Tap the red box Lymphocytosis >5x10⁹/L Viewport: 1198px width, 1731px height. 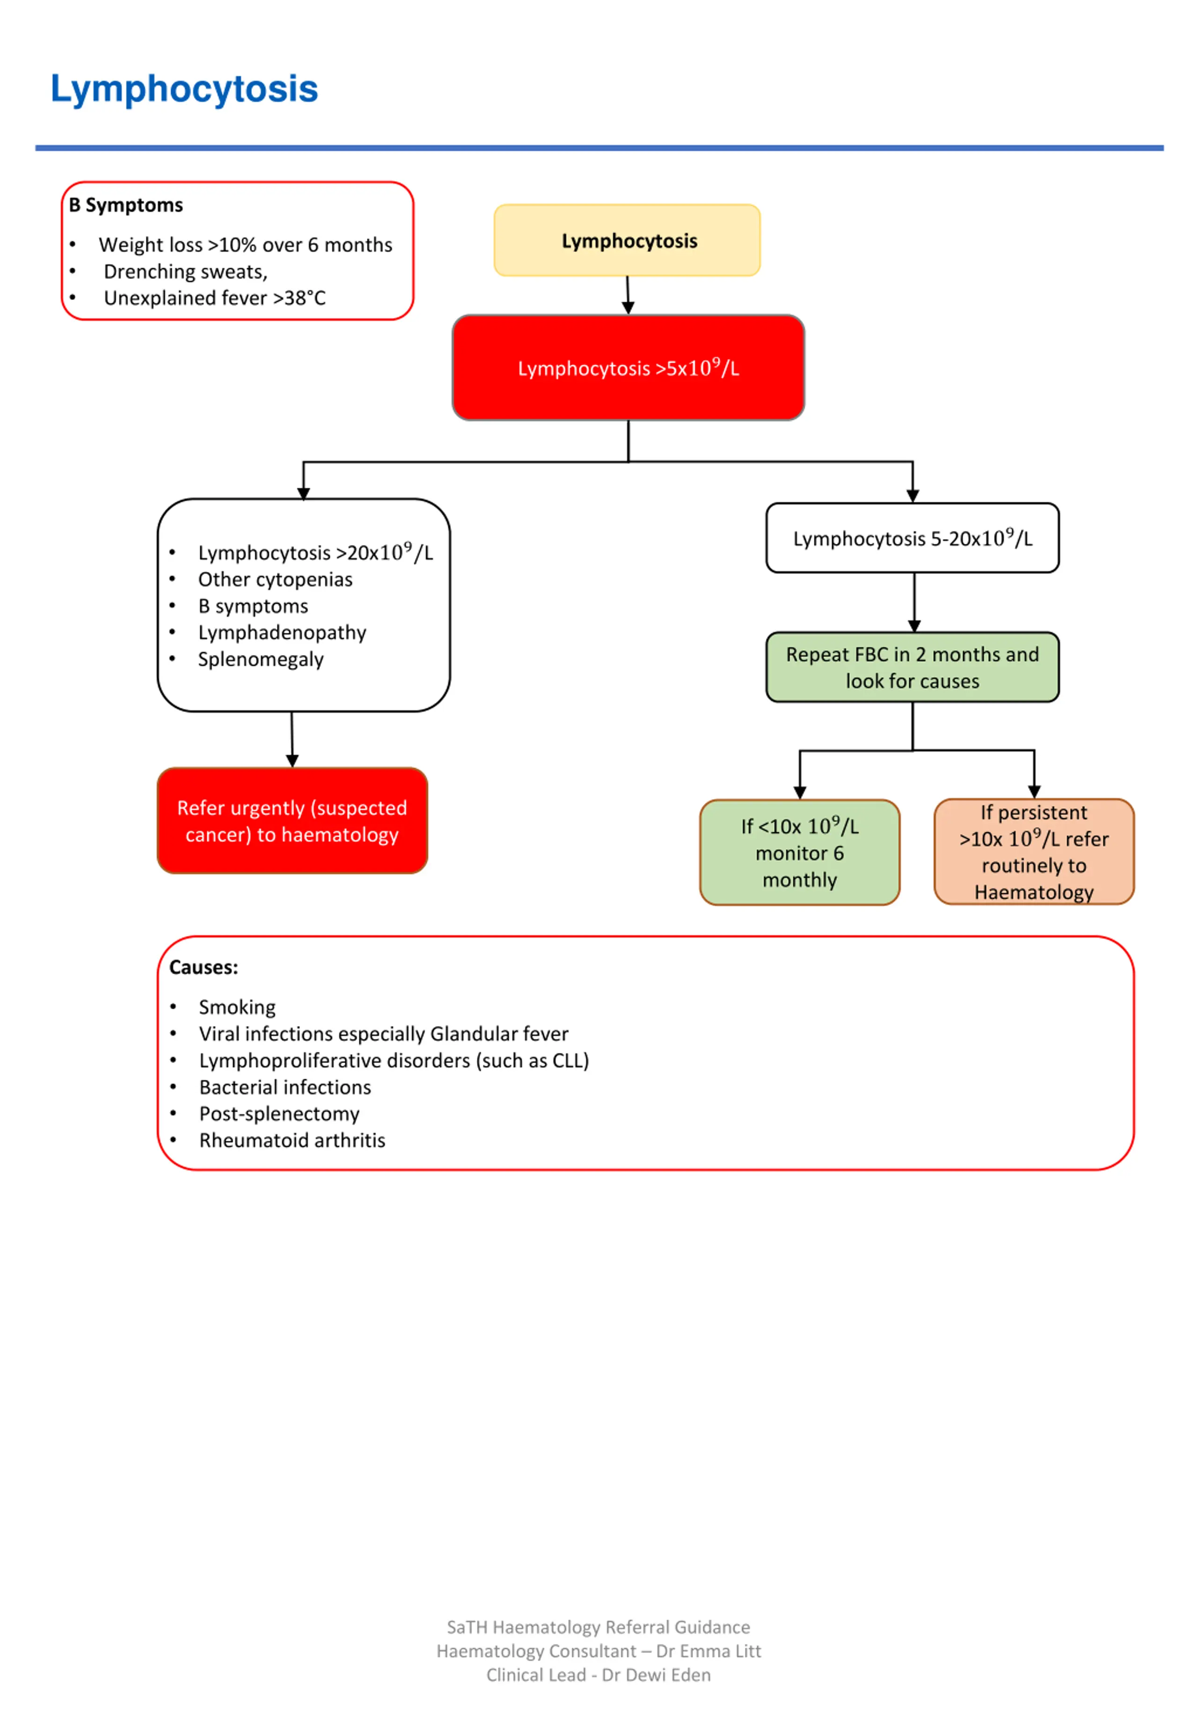628,368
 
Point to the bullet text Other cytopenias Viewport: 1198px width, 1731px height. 275,579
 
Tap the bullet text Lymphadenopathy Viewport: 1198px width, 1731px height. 282,633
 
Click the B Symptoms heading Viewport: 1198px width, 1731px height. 126,205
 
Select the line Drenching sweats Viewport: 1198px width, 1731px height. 185,272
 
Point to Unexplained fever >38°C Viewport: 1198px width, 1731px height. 215,298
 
